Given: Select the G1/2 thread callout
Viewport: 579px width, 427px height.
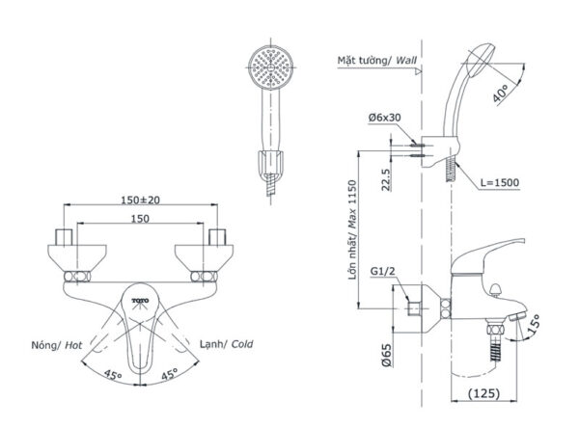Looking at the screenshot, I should [x=382, y=273].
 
